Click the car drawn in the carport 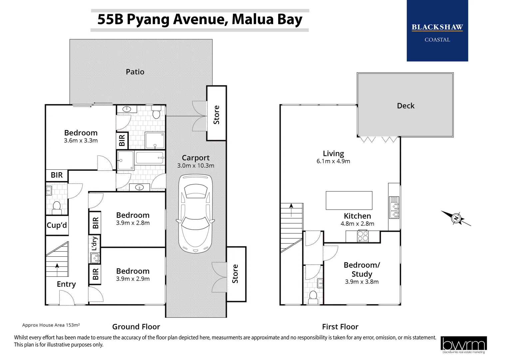pyautogui.click(x=195, y=213)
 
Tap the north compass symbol pyautogui.click(x=456, y=218)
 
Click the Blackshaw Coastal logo pyautogui.click(x=437, y=31)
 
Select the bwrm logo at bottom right pyautogui.click(x=463, y=344)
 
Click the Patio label pyautogui.click(x=135, y=72)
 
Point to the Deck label pyautogui.click(x=405, y=106)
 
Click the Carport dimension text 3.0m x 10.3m pyautogui.click(x=196, y=166)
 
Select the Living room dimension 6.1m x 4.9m pyautogui.click(x=333, y=161)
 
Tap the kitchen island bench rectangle pyautogui.click(x=349, y=200)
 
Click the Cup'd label pyautogui.click(x=57, y=225)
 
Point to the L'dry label pyautogui.click(x=95, y=243)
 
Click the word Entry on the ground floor pyautogui.click(x=66, y=284)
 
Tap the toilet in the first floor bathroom pyautogui.click(x=313, y=296)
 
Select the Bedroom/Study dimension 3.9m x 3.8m pyautogui.click(x=362, y=282)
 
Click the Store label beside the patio pyautogui.click(x=217, y=115)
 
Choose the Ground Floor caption pyautogui.click(x=136, y=327)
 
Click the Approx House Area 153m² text pyautogui.click(x=51, y=325)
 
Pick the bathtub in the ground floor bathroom pyautogui.click(x=150, y=158)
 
